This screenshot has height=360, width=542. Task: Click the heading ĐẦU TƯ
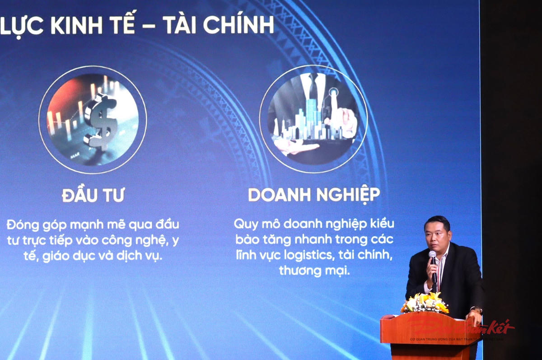(x=93, y=196)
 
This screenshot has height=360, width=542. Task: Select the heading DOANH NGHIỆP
(x=314, y=195)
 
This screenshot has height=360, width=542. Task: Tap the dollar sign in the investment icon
(x=101, y=119)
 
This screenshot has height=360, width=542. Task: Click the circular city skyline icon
(x=313, y=119)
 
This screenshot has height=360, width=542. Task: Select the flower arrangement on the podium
(x=425, y=303)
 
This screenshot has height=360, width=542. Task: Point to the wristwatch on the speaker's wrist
(x=477, y=310)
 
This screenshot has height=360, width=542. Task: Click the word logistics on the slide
(x=309, y=255)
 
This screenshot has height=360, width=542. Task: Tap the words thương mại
(x=314, y=271)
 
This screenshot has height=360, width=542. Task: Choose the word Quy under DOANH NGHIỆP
(x=244, y=224)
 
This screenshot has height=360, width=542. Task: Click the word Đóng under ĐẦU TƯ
(x=21, y=224)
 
